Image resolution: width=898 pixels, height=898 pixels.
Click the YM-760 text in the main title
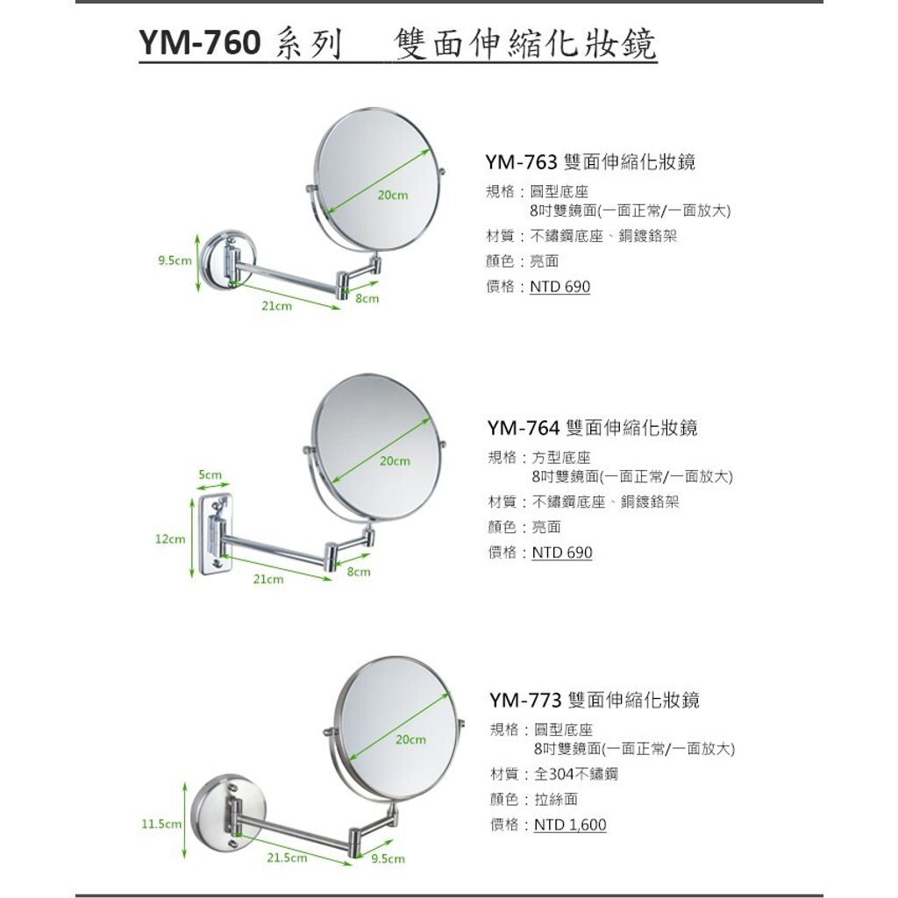click(x=199, y=42)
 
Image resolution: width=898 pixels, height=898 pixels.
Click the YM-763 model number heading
click(x=521, y=162)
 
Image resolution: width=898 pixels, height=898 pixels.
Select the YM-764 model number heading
click(x=524, y=428)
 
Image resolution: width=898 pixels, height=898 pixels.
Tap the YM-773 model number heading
click(x=525, y=700)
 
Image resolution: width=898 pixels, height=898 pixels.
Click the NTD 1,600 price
click(x=570, y=824)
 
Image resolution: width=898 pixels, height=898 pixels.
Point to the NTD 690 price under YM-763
click(x=559, y=287)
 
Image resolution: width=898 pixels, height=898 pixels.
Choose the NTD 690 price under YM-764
click(x=562, y=552)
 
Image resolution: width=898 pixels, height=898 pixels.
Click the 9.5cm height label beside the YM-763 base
click(x=175, y=260)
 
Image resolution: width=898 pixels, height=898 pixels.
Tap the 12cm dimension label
click(x=170, y=539)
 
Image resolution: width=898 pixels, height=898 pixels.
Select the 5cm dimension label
click(x=210, y=474)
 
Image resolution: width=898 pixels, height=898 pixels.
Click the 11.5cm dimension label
click(x=161, y=824)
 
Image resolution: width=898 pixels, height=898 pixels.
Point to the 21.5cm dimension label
click(x=287, y=858)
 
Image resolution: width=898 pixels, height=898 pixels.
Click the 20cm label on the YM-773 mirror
click(x=410, y=739)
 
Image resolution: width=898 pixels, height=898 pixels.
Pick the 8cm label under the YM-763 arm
click(x=367, y=298)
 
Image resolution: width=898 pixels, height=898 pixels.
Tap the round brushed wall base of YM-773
click(x=228, y=811)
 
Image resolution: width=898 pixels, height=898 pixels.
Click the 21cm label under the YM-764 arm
click(x=268, y=579)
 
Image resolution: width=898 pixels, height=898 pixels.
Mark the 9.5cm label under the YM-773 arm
click(x=388, y=859)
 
